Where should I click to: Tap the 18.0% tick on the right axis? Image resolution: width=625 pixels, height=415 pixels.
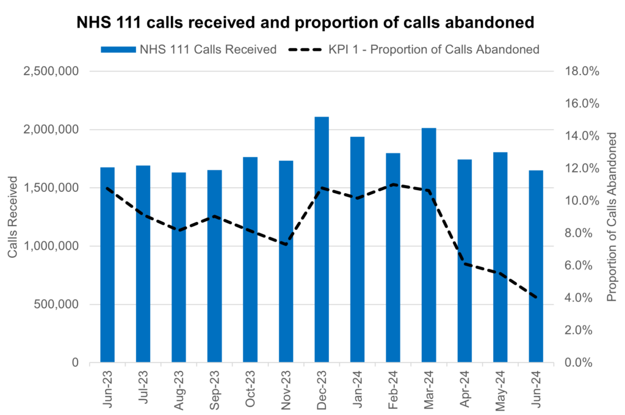(583, 72)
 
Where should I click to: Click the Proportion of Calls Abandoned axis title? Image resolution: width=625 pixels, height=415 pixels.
(611, 217)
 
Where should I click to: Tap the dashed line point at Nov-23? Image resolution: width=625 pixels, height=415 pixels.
(286, 244)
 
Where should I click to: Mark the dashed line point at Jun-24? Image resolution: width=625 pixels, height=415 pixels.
(536, 298)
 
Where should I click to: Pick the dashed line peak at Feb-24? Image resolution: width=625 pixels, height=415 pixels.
(392, 184)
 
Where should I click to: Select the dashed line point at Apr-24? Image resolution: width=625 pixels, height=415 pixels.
(464, 263)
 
